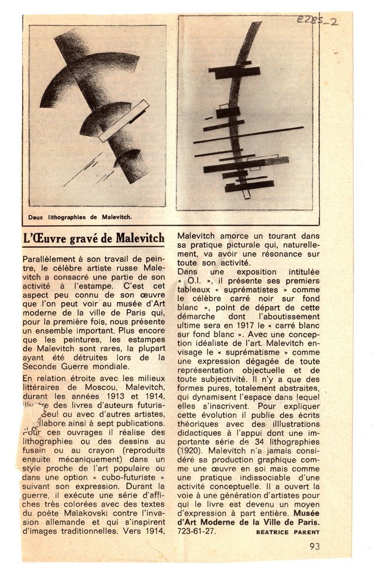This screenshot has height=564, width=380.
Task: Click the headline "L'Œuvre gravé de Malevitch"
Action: click(x=94, y=238)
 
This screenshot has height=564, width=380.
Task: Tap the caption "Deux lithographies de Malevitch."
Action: click(x=80, y=217)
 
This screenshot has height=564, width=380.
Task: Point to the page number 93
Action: click(x=314, y=546)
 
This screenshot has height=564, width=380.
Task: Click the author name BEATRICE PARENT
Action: click(x=287, y=532)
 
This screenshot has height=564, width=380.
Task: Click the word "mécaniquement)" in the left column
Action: click(x=93, y=459)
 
